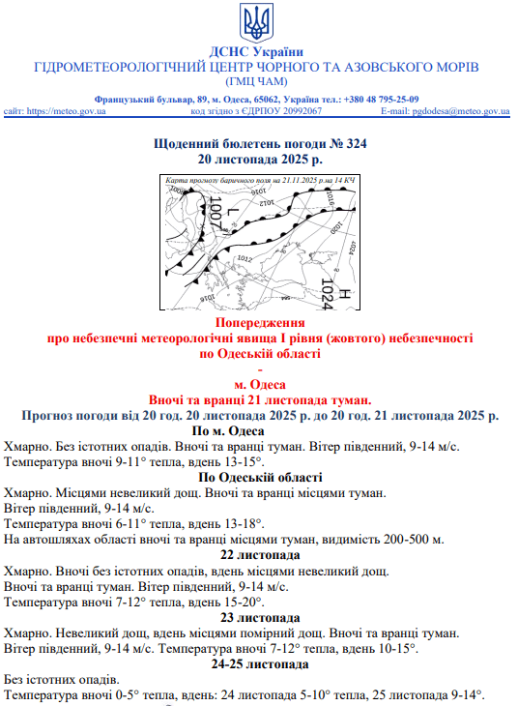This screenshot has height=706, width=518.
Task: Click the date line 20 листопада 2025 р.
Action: point(260,158)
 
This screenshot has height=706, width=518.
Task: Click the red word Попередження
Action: point(260,322)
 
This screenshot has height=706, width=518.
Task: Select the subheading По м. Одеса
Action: point(229,430)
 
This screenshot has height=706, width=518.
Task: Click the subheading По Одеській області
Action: point(260,477)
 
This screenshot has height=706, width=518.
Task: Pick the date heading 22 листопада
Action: point(260,555)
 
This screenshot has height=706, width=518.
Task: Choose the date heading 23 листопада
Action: point(260,617)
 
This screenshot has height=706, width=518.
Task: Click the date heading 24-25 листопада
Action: point(260,664)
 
